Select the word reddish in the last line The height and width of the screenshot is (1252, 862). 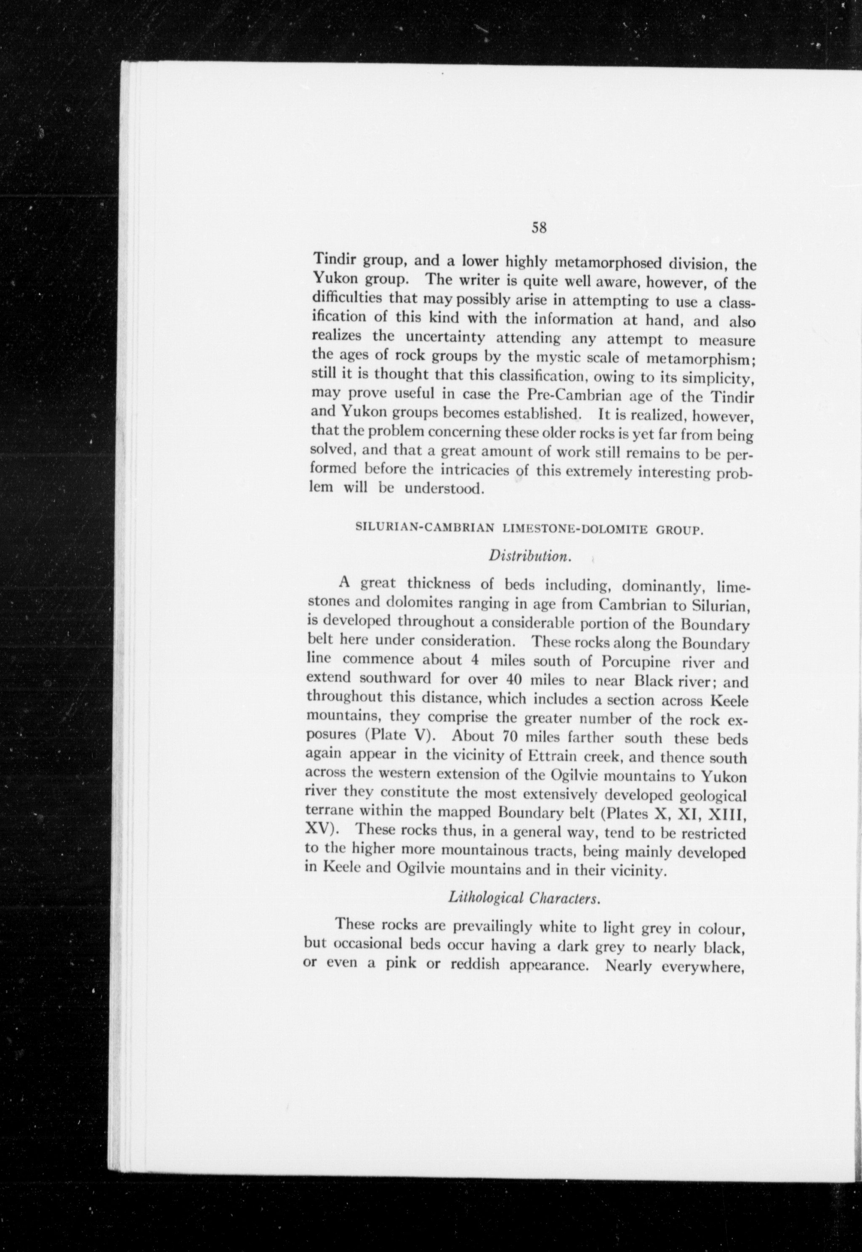[x=469, y=964]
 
